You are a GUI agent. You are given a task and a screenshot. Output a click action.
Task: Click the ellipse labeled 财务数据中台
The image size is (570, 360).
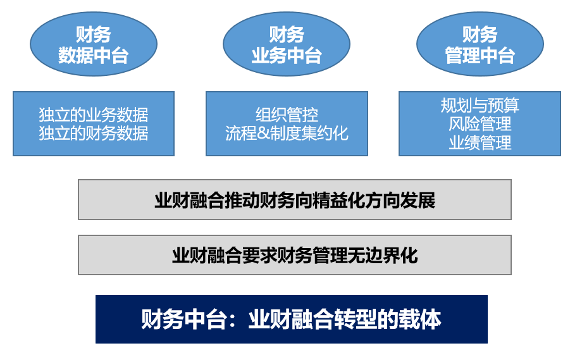pyautogui.click(x=94, y=44)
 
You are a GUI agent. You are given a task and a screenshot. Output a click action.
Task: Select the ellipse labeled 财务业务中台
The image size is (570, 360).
pyautogui.click(x=287, y=44)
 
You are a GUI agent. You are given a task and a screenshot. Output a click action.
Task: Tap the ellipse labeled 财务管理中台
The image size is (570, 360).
pyautogui.click(x=480, y=44)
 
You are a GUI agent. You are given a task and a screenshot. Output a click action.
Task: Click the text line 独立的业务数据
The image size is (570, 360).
pyautogui.click(x=94, y=115)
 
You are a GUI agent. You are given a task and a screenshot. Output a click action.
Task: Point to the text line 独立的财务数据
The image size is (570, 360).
pyautogui.click(x=94, y=133)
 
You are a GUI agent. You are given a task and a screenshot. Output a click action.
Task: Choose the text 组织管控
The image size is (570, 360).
pyautogui.click(x=287, y=115)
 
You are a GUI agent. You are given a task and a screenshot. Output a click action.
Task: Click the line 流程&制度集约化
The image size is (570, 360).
pyautogui.click(x=287, y=133)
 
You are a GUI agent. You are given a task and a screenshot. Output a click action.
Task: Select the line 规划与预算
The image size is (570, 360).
pyautogui.click(x=480, y=106)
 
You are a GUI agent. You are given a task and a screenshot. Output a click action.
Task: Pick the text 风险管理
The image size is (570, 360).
pyautogui.click(x=480, y=124)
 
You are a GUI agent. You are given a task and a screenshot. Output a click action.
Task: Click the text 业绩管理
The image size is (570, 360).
pyautogui.click(x=480, y=142)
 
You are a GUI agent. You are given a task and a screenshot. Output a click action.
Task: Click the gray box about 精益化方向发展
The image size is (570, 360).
pyautogui.click(x=295, y=200)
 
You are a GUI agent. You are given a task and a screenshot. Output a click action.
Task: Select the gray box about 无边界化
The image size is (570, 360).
pyautogui.click(x=295, y=255)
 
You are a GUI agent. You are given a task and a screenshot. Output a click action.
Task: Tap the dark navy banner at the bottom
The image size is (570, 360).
pyautogui.click(x=292, y=320)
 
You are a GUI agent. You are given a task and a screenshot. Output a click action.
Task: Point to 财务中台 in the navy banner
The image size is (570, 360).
pyautogui.click(x=183, y=320)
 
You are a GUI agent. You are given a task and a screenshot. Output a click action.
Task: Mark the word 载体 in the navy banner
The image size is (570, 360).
pyautogui.click(x=420, y=320)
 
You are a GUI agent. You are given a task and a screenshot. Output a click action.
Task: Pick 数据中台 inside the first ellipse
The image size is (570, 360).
pyautogui.click(x=94, y=56)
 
